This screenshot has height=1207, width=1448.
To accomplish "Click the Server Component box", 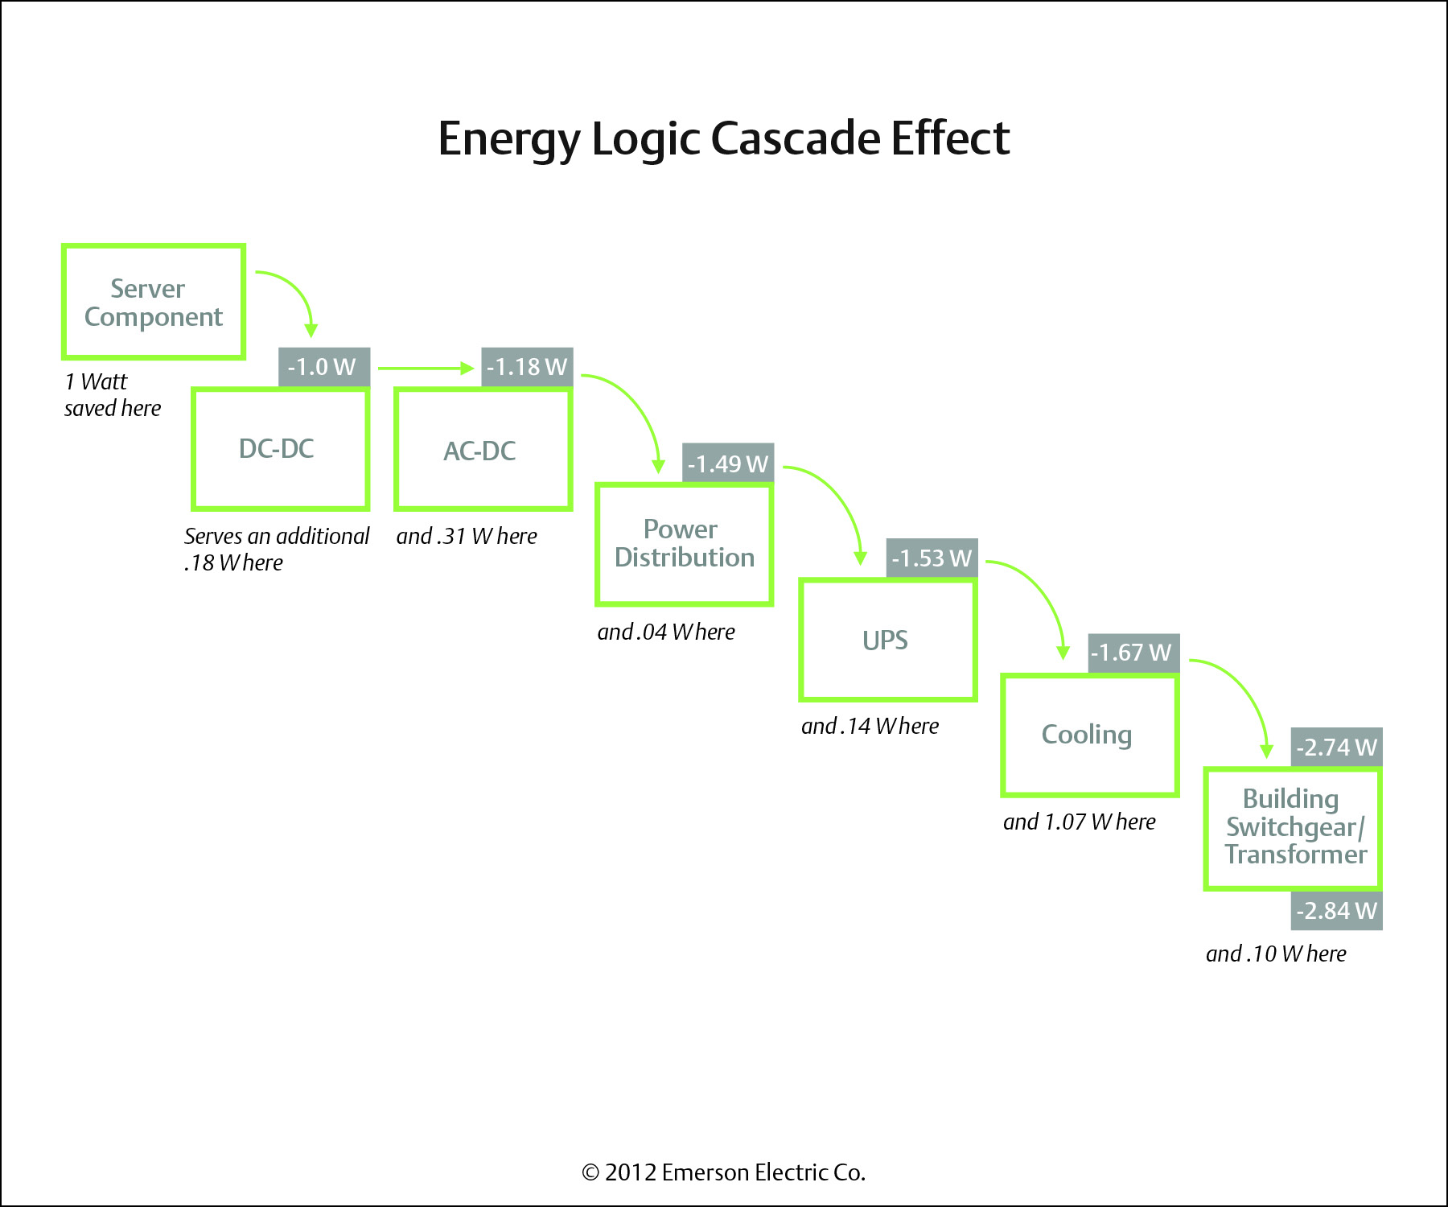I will click(x=154, y=302).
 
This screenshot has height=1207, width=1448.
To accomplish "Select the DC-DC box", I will click(x=280, y=449).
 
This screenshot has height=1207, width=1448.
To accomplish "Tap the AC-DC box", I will click(x=483, y=450).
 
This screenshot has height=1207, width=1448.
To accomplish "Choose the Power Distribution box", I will click(x=685, y=544).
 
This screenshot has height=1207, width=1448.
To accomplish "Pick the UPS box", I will click(x=887, y=640).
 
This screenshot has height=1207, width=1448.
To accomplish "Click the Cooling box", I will click(x=1090, y=735).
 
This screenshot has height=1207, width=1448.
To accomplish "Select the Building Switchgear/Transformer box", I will click(x=1293, y=828).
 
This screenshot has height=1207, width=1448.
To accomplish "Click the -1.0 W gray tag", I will click(x=323, y=367).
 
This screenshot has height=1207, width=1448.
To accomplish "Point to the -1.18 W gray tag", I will click(x=527, y=367).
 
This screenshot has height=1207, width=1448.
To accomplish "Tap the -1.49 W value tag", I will click(x=728, y=463).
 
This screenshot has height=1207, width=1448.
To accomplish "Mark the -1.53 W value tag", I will click(x=932, y=558).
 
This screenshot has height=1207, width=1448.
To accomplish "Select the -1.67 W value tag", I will click(x=1133, y=653).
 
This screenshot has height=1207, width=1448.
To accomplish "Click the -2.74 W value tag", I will click(x=1336, y=747).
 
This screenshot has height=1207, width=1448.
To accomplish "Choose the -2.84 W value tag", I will click(x=1336, y=910).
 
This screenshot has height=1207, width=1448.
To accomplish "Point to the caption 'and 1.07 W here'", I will click(x=1079, y=822).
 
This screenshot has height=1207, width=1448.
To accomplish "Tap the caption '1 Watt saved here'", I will click(x=112, y=394).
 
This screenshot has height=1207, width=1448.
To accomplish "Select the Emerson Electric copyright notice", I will click(x=723, y=1172).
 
